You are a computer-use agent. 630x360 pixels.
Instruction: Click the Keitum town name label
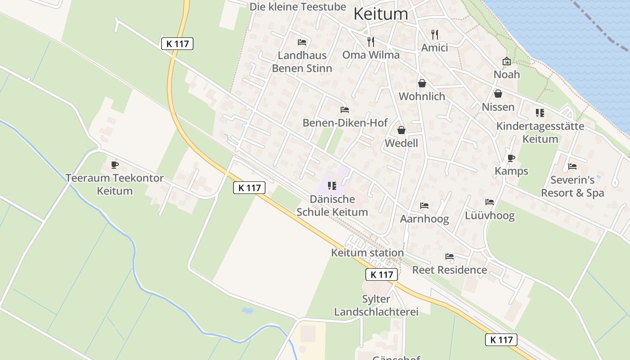pos(381,13)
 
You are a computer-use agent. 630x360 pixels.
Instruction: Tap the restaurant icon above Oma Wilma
pos(371,42)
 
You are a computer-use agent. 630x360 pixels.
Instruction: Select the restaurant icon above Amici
pos(434,35)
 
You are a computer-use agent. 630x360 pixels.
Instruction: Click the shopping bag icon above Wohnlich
pos(422,83)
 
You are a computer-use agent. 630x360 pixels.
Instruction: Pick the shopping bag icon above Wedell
pos(401,130)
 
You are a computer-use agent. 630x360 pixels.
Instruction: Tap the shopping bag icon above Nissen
pos(498,94)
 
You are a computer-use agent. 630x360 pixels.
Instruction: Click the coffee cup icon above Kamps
pos(511,158)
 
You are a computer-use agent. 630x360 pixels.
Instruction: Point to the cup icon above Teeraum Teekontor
pos(114,165)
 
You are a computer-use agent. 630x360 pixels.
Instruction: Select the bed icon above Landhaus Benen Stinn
pos(302,42)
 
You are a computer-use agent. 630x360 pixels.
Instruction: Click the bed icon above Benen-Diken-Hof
pos(345,109)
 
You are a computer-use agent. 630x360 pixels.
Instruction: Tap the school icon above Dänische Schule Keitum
pos(332,186)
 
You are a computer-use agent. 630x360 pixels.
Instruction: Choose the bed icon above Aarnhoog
pos(424,206)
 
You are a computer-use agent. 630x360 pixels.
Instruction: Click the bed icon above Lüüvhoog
pos(490,202)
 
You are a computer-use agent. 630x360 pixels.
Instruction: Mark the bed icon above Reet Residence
pos(449,256)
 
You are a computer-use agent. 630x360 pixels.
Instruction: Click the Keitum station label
pos(367,252)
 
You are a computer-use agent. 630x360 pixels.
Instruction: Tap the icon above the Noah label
pos(507,61)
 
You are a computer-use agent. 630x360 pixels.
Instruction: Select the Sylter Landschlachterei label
pos(376,305)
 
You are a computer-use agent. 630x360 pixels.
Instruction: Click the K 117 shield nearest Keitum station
pos(381,274)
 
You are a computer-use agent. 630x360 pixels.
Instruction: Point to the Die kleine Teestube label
pos(297,6)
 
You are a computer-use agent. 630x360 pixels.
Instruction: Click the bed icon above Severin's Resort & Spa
pos(572,166)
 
